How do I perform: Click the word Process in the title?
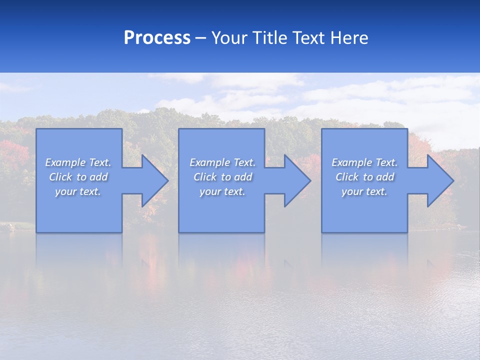coord(157,38)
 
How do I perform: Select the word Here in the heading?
coord(350,38)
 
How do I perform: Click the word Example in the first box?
coord(65,162)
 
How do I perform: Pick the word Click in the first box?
coord(60,177)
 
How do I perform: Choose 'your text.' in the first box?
coord(78,191)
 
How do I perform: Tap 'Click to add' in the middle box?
coord(222,177)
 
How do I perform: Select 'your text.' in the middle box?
coord(222,191)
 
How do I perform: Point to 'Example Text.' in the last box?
coord(364,162)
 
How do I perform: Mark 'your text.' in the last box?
coord(364,191)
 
